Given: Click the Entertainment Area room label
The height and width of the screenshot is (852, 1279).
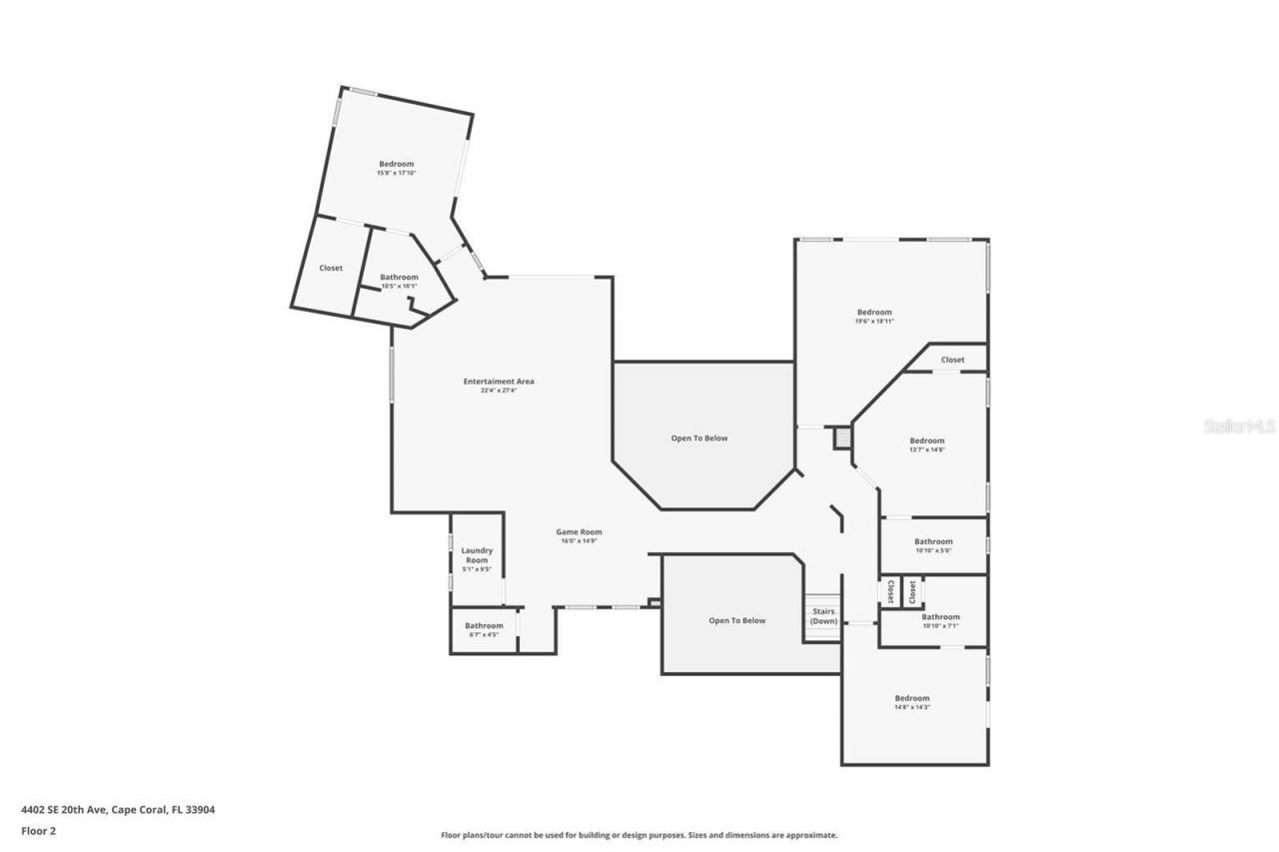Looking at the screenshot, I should pos(498,382).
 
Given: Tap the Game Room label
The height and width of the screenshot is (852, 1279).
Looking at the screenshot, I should pos(579,532).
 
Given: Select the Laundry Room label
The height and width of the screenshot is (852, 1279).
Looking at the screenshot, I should pos(476,555).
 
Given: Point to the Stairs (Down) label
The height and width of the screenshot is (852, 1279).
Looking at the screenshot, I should pos(823,616).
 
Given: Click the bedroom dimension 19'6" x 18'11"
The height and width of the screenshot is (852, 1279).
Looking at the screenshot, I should pos(873,321).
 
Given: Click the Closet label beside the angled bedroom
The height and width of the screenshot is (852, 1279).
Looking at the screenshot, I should pos(331,268).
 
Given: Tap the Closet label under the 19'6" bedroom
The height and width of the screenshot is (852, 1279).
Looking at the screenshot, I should pos(952,360).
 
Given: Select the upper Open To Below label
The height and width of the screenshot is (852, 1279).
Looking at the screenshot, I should pos(698,437).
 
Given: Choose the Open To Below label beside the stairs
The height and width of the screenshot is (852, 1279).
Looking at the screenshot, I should pos(736,620).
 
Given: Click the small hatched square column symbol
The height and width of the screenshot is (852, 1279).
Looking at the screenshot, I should pos(841,437).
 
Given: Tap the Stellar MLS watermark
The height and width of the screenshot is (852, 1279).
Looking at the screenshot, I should pos(1239,426).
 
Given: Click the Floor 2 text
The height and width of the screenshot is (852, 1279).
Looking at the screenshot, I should pos(38,830).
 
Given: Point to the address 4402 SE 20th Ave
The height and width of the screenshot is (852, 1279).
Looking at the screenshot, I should pos(118,810).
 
